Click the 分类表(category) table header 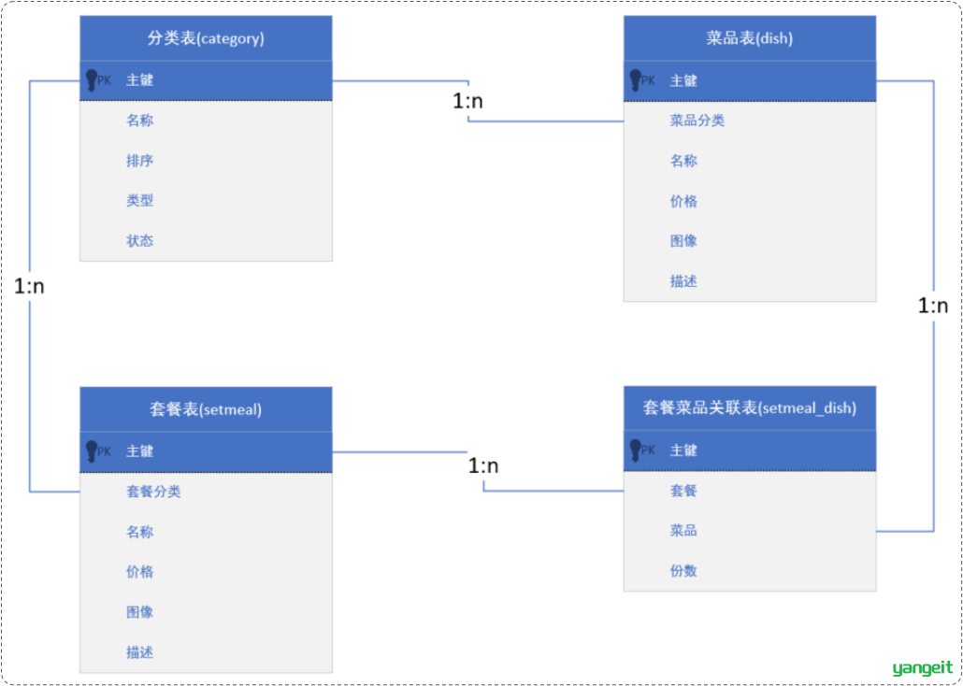(x=206, y=38)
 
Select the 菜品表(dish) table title (x=750, y=38)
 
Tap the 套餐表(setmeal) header (x=206, y=410)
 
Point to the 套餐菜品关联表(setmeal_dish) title (x=750, y=408)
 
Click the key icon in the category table (x=92, y=80)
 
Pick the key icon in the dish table (x=636, y=80)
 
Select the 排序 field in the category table (x=140, y=161)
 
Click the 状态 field (x=140, y=241)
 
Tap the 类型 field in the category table (x=140, y=201)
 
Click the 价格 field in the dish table (x=683, y=202)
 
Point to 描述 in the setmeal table (x=140, y=651)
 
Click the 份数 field (x=683, y=571)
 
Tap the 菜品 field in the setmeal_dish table (x=683, y=531)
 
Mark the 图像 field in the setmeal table (x=140, y=611)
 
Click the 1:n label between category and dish (x=468, y=101)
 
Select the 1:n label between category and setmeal (x=30, y=286)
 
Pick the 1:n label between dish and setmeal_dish (x=933, y=306)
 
